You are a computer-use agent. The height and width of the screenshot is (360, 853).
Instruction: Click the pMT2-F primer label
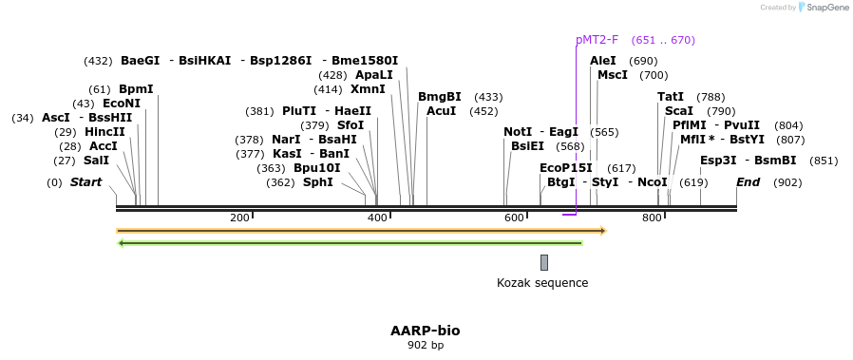[597, 40]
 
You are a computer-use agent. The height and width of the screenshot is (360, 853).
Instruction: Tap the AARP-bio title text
[426, 331]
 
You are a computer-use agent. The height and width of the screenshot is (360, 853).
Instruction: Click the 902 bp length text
[426, 345]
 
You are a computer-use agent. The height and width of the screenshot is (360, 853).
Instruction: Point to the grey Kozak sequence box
[544, 262]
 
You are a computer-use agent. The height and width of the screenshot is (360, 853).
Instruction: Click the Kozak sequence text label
[542, 283]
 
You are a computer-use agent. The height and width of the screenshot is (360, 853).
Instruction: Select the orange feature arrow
[361, 231]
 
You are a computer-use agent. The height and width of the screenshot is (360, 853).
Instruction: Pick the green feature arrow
[350, 243]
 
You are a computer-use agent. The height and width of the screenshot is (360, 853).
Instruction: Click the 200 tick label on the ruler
[239, 218]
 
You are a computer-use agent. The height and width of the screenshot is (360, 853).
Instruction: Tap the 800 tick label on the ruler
[652, 218]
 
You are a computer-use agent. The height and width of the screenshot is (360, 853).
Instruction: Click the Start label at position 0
[85, 182]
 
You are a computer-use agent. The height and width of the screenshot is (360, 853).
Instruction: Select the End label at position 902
[748, 182]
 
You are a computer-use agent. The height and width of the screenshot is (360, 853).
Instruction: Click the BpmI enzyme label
[136, 89]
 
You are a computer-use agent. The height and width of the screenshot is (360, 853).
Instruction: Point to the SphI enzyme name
[317, 182]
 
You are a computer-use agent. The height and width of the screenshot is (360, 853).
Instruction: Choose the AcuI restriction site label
[442, 111]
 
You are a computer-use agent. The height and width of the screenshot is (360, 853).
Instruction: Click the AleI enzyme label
[603, 61]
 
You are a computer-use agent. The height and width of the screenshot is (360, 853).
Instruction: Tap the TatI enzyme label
[671, 97]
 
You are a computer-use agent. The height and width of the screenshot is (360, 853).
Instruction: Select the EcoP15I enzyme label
[566, 168]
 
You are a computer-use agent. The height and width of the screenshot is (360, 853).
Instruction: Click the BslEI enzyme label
[527, 146]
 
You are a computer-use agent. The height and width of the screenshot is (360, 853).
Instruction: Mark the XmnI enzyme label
[368, 89]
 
